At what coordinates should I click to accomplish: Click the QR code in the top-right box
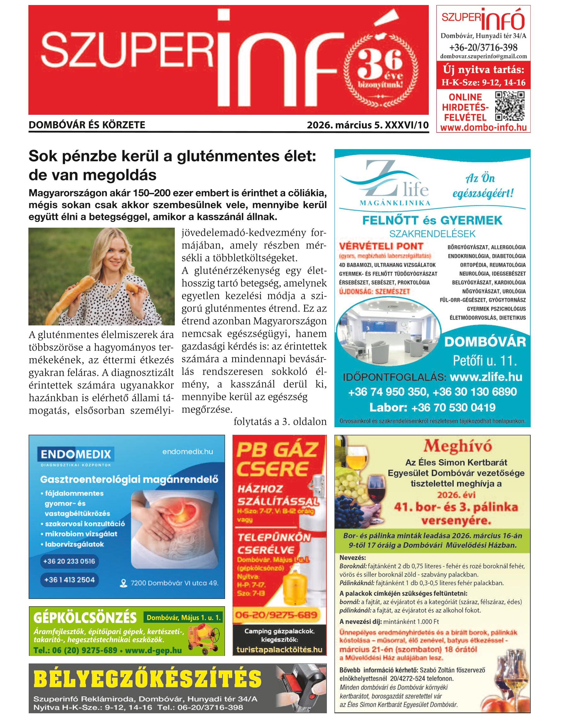point(510,106)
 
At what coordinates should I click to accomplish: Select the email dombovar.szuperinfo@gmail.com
point(483,56)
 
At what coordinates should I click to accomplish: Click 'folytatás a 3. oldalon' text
point(280,422)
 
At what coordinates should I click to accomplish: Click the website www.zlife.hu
point(486,377)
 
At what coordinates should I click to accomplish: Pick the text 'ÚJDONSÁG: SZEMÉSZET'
point(374,291)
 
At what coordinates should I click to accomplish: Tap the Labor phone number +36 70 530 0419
point(453,407)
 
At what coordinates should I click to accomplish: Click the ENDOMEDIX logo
point(76,454)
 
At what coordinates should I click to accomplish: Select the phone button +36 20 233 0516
point(69,561)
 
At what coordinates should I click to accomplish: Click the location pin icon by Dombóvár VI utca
point(123,583)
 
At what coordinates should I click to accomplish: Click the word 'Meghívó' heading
point(457,446)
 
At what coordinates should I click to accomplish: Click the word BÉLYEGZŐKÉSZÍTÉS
point(148,679)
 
